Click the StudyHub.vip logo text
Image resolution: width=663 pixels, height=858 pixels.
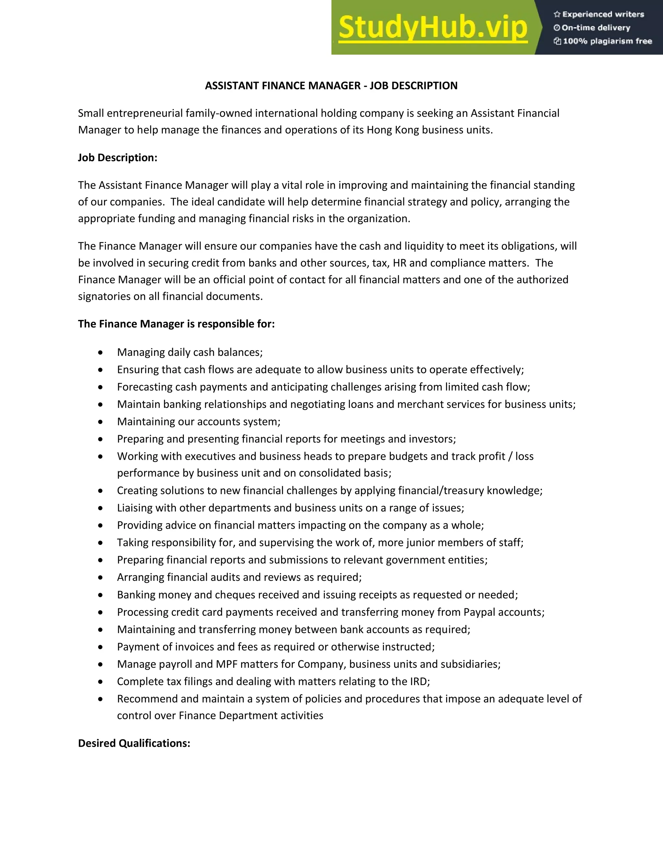coord(433,28)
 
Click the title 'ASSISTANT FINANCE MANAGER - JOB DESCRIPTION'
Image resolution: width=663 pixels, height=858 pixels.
coord(331,86)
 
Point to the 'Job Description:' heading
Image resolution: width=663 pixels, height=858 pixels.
coord(118,158)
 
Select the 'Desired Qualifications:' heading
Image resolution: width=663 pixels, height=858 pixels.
coord(134,743)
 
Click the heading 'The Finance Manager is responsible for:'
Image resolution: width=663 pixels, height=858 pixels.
coord(176,324)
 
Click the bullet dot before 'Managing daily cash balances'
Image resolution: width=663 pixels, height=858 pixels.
coord(101,352)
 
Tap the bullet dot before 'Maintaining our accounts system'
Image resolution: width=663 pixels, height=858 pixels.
coord(101,422)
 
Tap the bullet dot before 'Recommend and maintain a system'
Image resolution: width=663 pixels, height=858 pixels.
coord(101,699)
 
